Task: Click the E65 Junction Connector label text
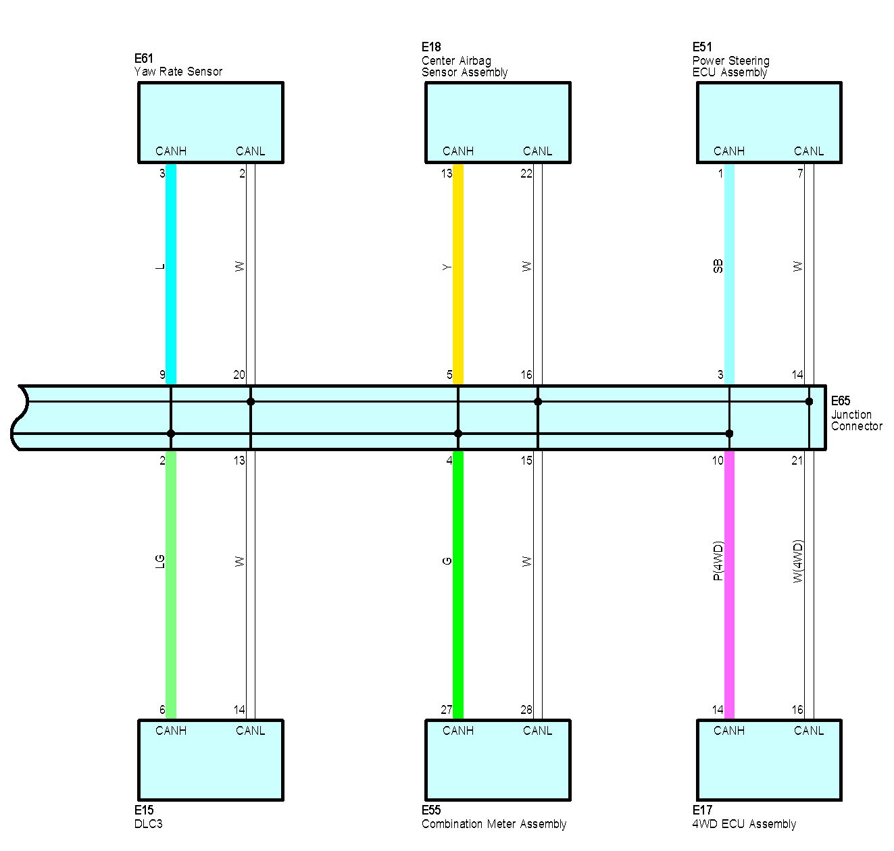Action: click(855, 414)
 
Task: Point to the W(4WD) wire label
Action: click(798, 561)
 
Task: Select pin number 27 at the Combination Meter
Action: click(447, 710)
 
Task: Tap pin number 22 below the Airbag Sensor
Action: click(526, 174)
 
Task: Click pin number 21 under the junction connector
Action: click(797, 461)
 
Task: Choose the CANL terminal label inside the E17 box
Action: click(808, 731)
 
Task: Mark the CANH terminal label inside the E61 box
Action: click(171, 151)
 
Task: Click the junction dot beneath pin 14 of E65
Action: click(809, 401)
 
